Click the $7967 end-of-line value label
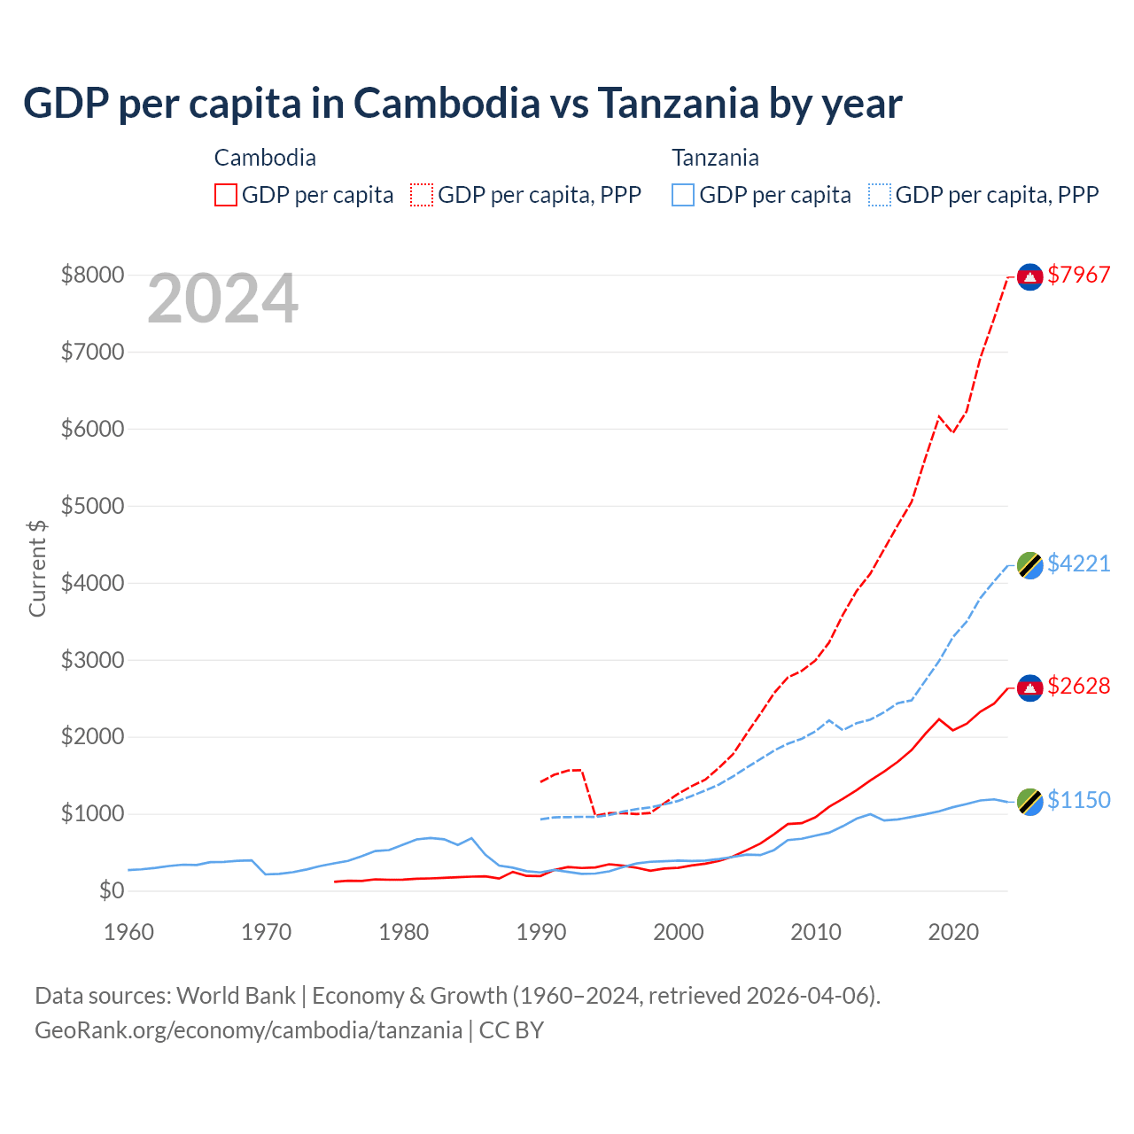coord(1078,276)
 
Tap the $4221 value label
coord(1078,564)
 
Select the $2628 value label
coord(1078,687)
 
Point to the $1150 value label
coord(1078,801)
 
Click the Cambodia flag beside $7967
coord(1029,277)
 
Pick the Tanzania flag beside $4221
coord(1029,565)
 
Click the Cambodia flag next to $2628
coord(1029,687)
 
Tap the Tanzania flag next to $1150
coord(1029,802)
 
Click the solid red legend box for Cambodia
coord(226,195)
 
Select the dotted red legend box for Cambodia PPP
coord(423,195)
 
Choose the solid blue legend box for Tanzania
coord(683,195)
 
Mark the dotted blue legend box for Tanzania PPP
coord(880,195)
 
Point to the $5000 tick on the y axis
coord(92,507)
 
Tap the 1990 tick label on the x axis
coord(541,932)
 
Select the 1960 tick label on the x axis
coord(129,932)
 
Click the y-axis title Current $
coord(37,569)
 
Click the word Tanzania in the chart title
coord(678,104)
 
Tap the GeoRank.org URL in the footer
coord(248,1030)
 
